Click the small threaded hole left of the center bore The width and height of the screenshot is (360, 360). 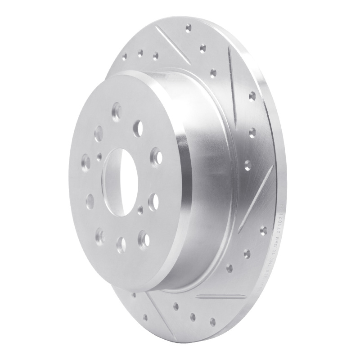click(x=99, y=156)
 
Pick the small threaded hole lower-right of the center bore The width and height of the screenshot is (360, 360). click(x=141, y=208)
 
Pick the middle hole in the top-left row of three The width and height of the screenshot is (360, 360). click(x=140, y=53)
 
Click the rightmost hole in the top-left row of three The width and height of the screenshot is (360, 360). click(x=155, y=56)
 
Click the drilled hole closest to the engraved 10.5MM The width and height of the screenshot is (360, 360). click(x=247, y=252)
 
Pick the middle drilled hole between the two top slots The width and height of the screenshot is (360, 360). click(x=202, y=47)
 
